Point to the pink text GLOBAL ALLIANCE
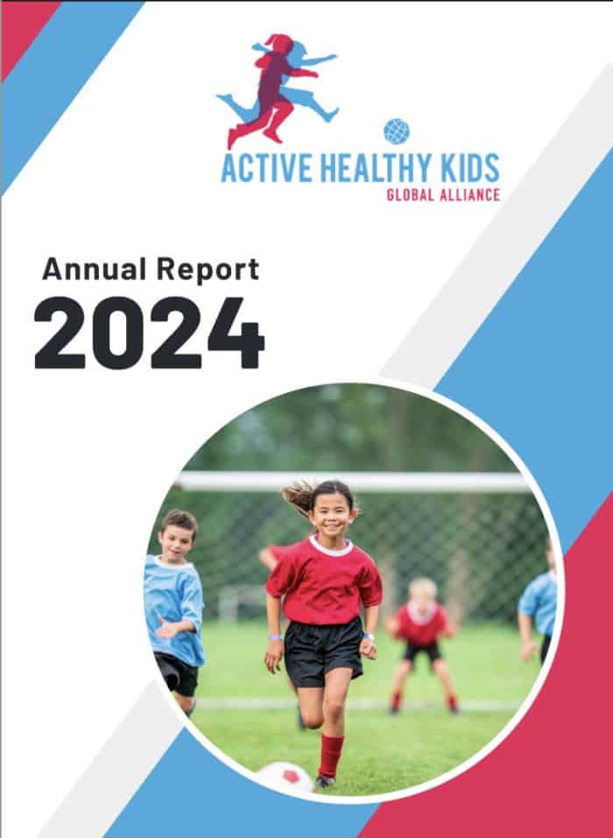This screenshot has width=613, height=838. [443, 194]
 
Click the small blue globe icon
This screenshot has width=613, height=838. [397, 131]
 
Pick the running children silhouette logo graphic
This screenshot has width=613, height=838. [278, 90]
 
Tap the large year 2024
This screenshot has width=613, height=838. [149, 333]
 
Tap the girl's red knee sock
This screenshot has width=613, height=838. [330, 755]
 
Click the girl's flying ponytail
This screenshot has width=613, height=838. [299, 496]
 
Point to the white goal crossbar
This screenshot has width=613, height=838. [353, 482]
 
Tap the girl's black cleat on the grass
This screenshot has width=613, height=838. [326, 781]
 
